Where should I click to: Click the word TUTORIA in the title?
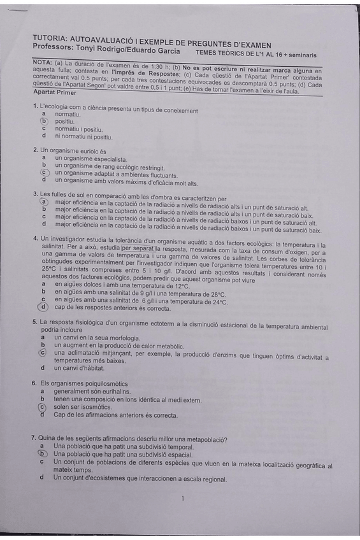(48, 39)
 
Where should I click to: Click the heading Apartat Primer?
(54, 93)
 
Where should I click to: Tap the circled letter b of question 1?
(44, 120)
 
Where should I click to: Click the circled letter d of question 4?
(44, 308)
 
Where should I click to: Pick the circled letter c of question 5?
(43, 352)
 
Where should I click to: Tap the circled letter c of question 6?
(43, 407)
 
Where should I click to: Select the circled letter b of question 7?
(42, 454)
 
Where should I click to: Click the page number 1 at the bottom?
(182, 499)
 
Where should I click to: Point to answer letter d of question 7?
(41, 478)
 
